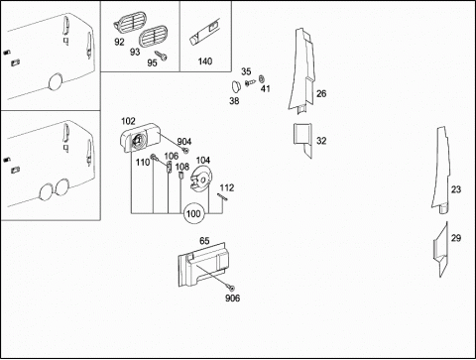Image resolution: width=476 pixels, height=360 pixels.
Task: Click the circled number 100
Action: click(x=194, y=213)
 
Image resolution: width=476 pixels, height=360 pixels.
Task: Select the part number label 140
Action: click(x=205, y=61)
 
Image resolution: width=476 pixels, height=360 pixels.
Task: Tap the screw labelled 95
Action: click(x=161, y=56)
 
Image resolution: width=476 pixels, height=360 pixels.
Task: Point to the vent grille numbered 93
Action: click(x=153, y=37)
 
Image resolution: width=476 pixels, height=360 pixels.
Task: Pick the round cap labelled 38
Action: click(x=236, y=86)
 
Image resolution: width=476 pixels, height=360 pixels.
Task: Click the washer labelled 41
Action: click(x=262, y=79)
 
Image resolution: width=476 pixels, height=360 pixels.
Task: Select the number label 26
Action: click(x=321, y=94)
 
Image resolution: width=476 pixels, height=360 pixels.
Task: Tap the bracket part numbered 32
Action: click(x=302, y=139)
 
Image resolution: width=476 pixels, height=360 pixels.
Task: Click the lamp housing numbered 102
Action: click(x=140, y=138)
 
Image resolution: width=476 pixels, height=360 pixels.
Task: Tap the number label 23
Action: click(x=456, y=189)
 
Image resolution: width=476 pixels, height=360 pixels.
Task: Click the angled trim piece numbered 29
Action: click(x=441, y=249)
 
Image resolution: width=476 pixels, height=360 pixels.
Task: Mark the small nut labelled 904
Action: click(x=185, y=151)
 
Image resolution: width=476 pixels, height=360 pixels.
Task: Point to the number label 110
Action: click(x=143, y=163)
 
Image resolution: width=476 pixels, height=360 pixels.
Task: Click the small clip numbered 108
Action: click(x=180, y=176)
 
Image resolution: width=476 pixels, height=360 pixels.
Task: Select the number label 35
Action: click(x=246, y=71)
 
